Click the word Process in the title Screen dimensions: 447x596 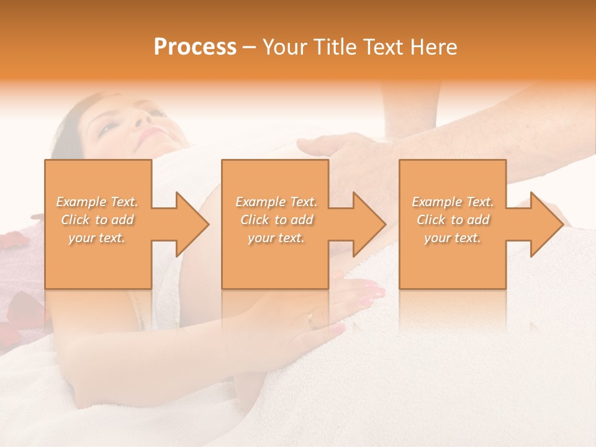coord(195,47)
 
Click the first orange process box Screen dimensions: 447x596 coord(98,261)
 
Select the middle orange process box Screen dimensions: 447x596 coord(275,261)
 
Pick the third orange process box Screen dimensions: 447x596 coord(452,261)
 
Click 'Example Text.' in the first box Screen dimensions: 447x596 coord(97,202)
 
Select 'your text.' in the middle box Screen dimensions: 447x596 coord(276,238)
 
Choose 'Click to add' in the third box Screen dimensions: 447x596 coord(453,220)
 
